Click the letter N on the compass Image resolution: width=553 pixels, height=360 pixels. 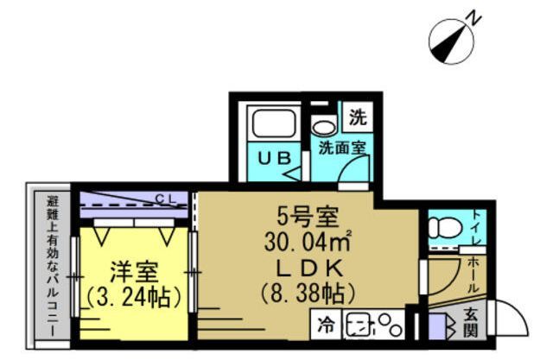point(474,19)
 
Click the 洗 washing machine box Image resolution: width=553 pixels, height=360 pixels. point(358,117)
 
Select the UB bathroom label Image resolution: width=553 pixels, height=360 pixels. point(275,158)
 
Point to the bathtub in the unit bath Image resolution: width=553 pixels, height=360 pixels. point(274,123)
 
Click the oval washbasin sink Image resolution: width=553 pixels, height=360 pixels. point(324,128)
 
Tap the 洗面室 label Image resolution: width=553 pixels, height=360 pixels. point(342,148)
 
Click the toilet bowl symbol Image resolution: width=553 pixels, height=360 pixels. point(445,228)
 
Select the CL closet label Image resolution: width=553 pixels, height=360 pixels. point(165,199)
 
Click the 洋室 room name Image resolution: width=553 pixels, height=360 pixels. point(134,272)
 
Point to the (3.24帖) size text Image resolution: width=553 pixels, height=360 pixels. point(134,298)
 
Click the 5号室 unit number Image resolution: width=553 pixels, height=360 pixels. point(308,218)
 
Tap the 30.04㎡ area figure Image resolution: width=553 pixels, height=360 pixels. point(308,242)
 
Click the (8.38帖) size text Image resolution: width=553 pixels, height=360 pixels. point(308,293)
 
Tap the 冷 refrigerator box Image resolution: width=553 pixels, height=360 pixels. point(326,325)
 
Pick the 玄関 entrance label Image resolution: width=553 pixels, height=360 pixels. point(470,321)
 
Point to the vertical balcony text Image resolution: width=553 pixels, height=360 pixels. point(54,265)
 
